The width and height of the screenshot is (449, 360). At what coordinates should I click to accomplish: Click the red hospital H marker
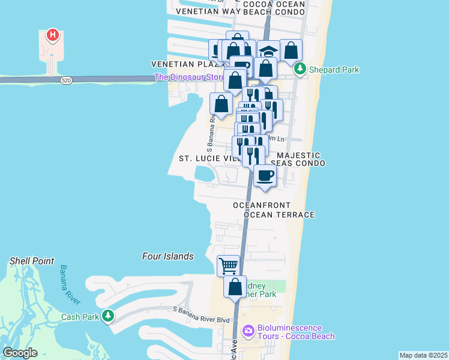click(53, 35)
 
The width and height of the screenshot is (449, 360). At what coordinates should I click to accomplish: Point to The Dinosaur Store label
click(186, 77)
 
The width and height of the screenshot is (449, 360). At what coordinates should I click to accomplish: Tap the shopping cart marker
click(228, 265)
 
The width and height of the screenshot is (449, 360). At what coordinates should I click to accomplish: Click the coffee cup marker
click(265, 176)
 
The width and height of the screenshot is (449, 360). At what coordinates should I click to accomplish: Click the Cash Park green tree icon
click(108, 314)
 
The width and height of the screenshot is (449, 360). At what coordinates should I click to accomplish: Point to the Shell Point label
click(32, 261)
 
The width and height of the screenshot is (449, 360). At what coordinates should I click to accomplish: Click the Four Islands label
click(168, 256)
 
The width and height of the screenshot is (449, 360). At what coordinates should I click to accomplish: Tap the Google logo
click(20, 353)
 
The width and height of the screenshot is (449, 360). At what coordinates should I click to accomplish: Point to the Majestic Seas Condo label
click(298, 159)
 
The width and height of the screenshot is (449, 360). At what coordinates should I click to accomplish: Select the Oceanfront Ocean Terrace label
click(274, 210)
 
